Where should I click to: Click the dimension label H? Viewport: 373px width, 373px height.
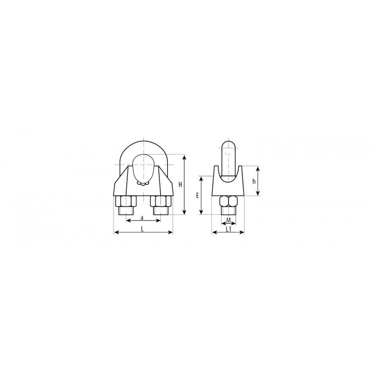(x=180, y=184)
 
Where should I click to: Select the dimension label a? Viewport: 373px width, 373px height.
(x=142, y=217)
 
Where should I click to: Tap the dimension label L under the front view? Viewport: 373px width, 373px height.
(x=142, y=229)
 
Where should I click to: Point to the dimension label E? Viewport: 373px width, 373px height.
(x=198, y=196)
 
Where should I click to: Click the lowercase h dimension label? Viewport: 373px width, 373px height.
(x=254, y=181)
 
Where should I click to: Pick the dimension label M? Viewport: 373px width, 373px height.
(x=229, y=220)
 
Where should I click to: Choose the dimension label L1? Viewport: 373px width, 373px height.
(x=229, y=229)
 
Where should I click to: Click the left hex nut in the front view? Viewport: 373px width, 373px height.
(x=126, y=201)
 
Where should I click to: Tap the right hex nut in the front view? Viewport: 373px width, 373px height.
(x=160, y=201)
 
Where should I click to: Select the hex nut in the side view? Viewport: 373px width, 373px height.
(x=229, y=201)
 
